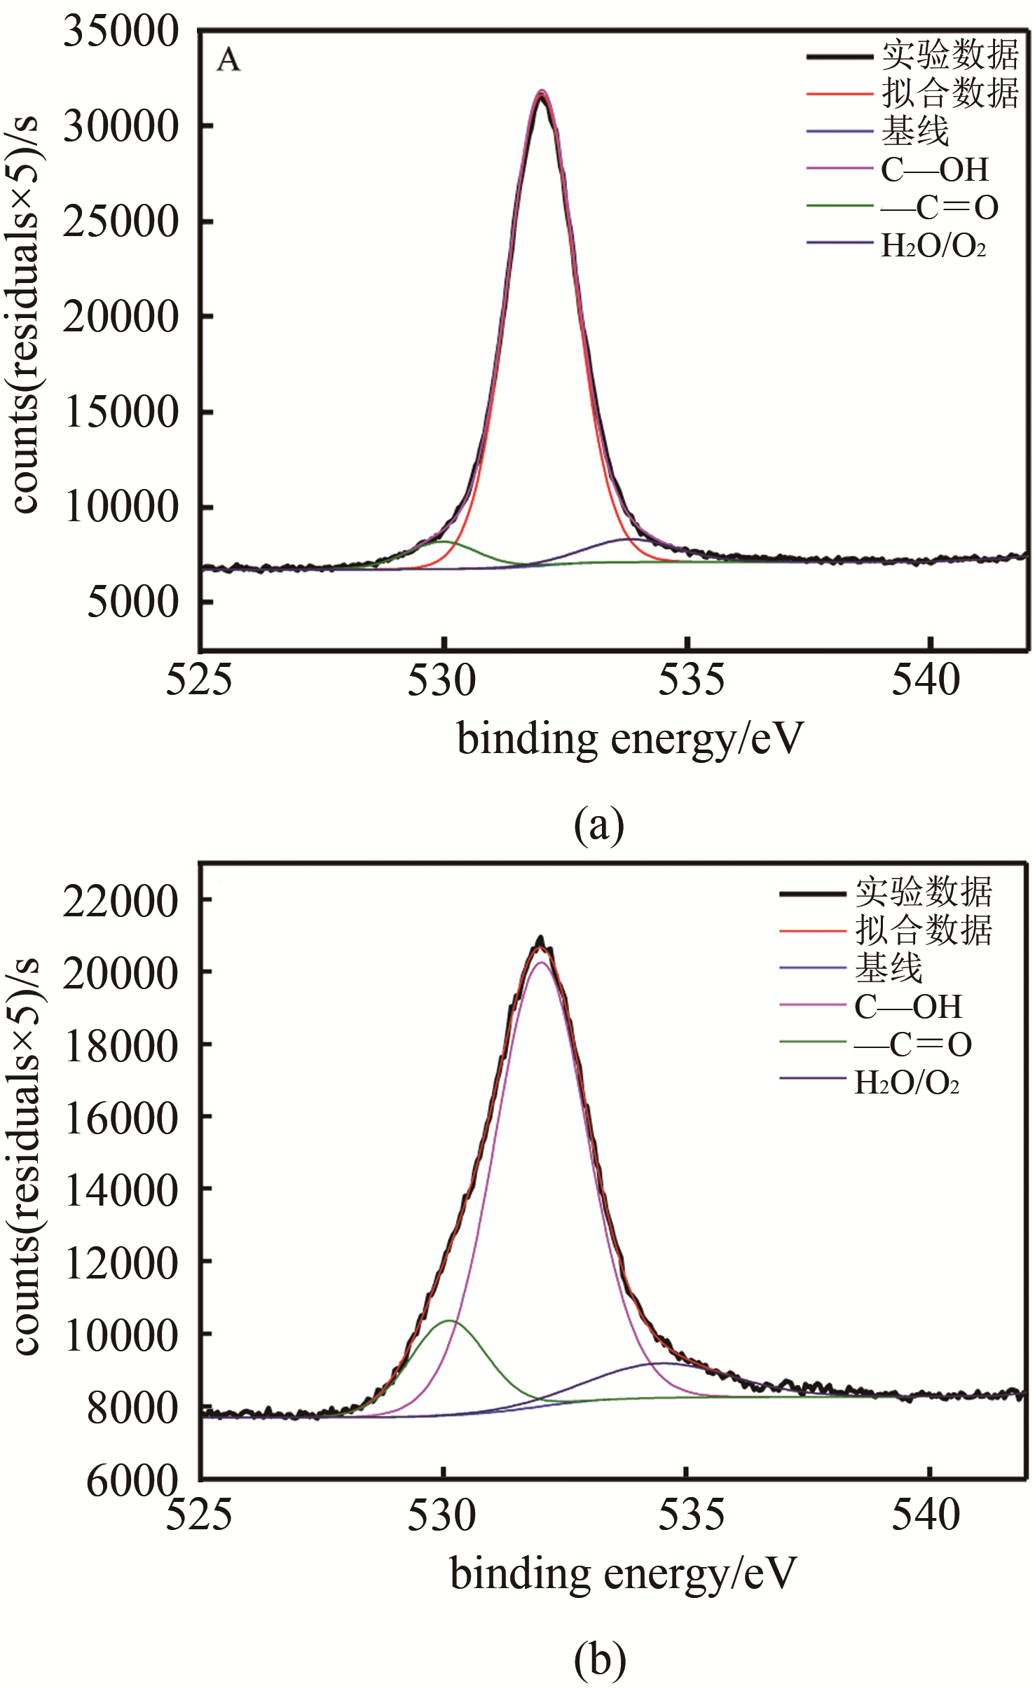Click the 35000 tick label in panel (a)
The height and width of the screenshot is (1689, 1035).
click(x=121, y=32)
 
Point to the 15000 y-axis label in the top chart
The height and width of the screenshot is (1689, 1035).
click(x=121, y=412)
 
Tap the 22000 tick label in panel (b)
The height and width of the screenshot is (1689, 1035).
click(x=121, y=901)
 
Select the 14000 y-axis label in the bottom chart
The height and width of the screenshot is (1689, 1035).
click(x=121, y=1191)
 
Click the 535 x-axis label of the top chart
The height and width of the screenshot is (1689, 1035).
click(x=691, y=680)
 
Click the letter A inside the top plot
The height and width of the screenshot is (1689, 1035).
click(x=228, y=61)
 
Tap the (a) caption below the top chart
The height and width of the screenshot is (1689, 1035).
click(x=598, y=825)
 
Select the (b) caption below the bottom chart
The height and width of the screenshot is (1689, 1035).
click(x=599, y=1660)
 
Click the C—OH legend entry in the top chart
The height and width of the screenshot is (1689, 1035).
click(x=935, y=170)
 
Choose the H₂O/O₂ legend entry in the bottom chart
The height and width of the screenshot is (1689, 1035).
click(x=907, y=1083)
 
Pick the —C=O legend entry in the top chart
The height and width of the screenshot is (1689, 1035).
click(x=940, y=207)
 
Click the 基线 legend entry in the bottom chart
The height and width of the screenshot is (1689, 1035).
click(x=889, y=969)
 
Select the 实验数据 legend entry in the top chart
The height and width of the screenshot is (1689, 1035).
click(x=950, y=55)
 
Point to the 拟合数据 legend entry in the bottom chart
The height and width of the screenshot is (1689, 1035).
click(x=923, y=930)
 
